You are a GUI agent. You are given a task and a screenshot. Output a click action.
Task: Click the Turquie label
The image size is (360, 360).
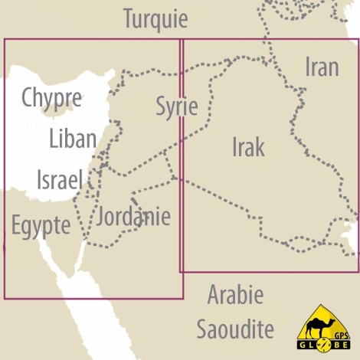tap(155, 18)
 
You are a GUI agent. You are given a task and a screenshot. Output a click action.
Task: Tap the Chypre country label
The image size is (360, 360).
tap(51, 98)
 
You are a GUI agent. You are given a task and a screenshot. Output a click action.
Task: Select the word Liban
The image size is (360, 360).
tap(72, 139)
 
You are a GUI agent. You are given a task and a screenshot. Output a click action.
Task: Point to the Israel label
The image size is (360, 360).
tap(59, 181)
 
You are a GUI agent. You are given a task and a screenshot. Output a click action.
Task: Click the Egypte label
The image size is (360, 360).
tap(41, 226)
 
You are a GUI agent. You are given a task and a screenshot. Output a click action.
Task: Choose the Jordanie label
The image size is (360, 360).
tap(133, 217)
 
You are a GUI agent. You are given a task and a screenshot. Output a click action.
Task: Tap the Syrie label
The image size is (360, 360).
tap(177, 106)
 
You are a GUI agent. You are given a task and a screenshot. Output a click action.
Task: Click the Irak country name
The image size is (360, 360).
tap(248, 147)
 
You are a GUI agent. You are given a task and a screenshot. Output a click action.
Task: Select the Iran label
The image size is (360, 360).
tap(322, 67)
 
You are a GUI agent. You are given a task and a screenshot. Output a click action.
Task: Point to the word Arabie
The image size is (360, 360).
tap(235, 295)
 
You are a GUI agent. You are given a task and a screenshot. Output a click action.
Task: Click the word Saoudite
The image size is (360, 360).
tap(235, 330)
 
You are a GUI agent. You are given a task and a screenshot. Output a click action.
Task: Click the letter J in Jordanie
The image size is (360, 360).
tap(102, 217)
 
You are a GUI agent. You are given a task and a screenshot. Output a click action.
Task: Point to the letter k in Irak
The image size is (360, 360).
tap(260, 147)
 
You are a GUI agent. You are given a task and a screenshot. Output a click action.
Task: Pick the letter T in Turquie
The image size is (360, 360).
tap(128, 18)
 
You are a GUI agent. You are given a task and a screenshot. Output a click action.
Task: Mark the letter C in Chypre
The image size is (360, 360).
tap(28, 98)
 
